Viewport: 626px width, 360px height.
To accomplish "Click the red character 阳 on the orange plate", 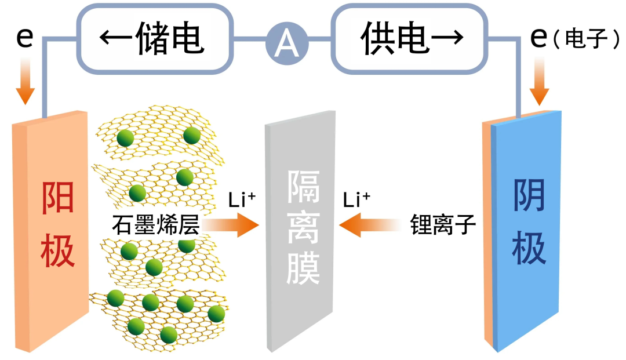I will tap(58, 197).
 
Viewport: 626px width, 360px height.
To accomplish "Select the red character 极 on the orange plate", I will tap(58, 251).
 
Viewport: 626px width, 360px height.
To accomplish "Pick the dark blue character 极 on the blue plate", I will tap(529, 249).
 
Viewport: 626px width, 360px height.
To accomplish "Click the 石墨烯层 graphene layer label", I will tap(155, 225).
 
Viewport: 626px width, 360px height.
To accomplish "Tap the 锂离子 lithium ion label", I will tap(443, 225).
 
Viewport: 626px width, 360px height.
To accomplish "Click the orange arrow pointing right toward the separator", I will tap(232, 225).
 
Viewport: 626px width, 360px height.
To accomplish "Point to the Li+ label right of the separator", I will tap(356, 200).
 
